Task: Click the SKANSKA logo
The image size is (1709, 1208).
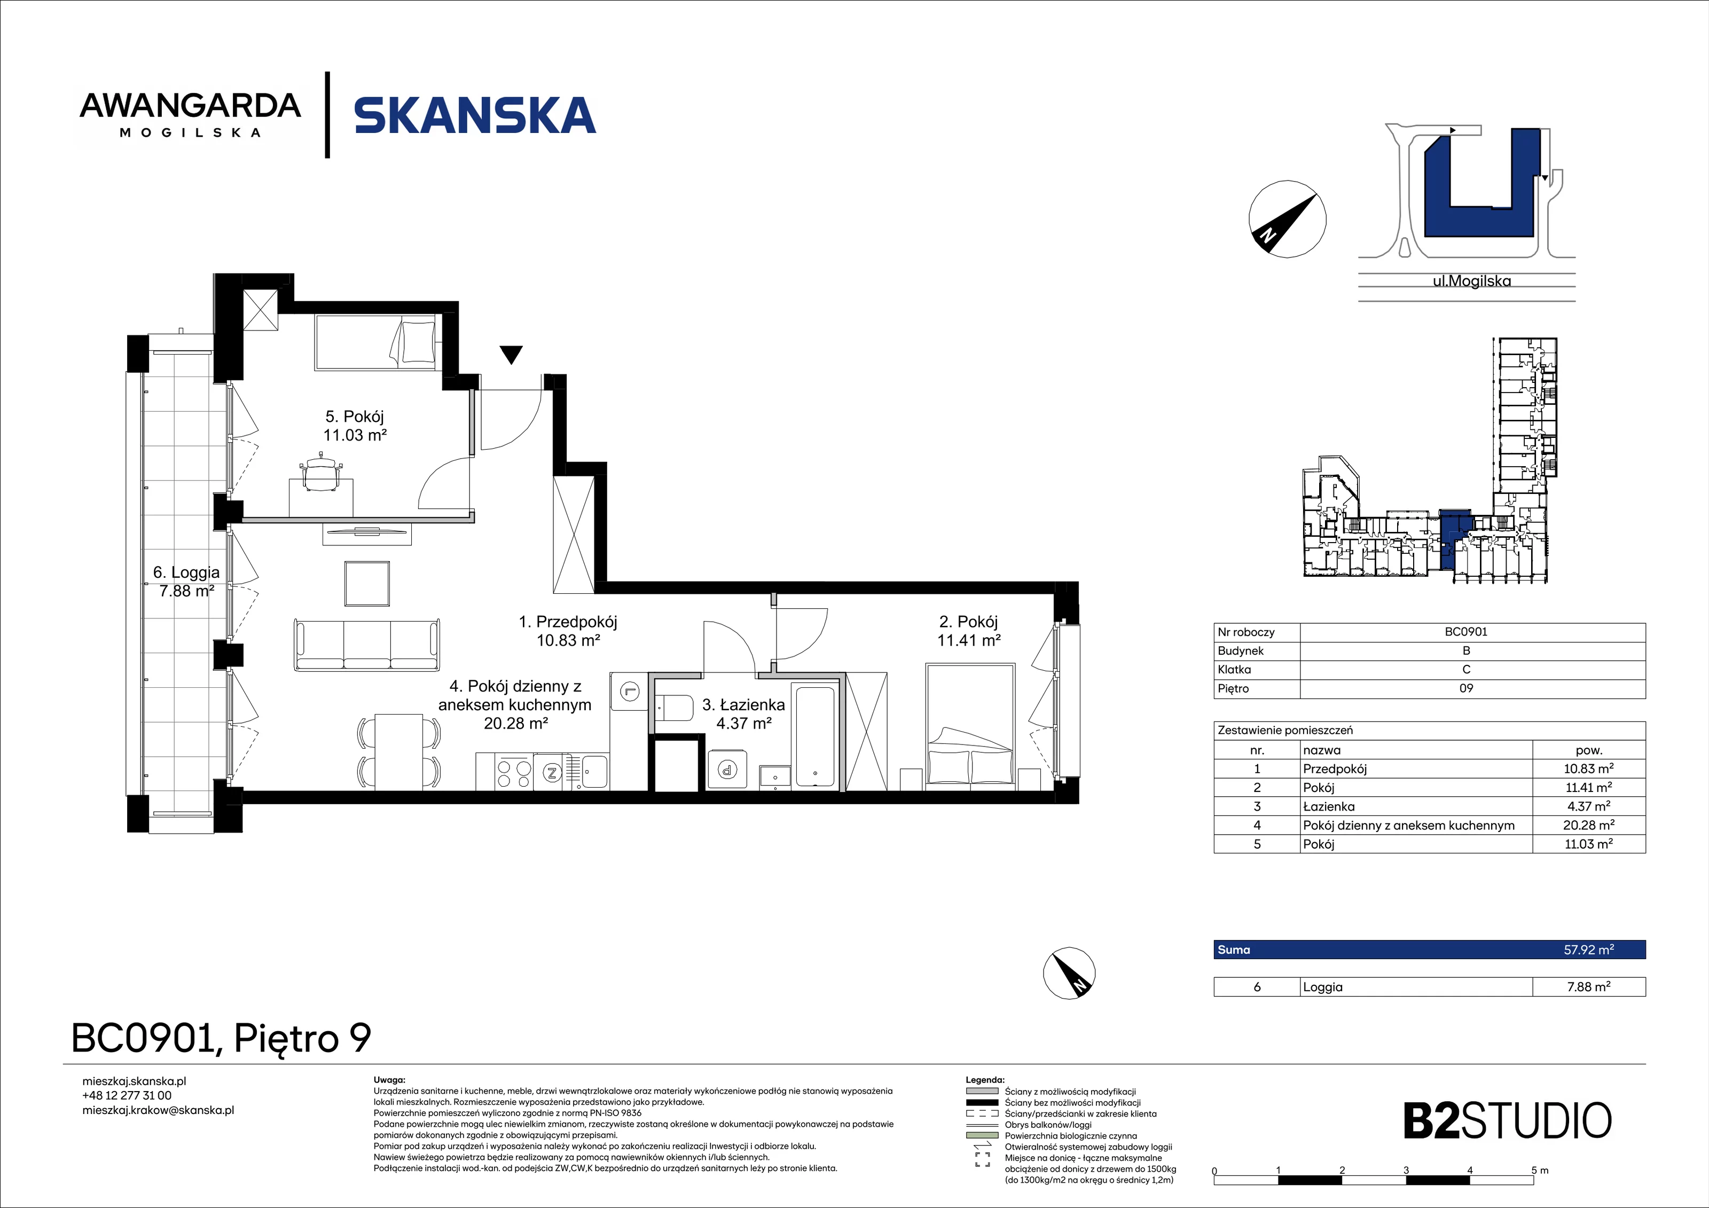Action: click(x=475, y=115)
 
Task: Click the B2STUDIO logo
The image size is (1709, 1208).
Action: click(x=1507, y=1121)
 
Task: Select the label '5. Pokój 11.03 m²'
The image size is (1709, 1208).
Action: click(x=355, y=426)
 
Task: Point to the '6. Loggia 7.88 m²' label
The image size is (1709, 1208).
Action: click(x=187, y=581)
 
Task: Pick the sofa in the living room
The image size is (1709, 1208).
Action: click(x=367, y=645)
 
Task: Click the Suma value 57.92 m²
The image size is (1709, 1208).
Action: click(x=1588, y=950)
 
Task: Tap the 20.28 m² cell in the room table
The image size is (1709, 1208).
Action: click(x=1588, y=825)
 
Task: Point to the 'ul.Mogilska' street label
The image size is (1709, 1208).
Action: click(x=1471, y=281)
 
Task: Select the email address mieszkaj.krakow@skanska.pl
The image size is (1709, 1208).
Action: click(x=158, y=1110)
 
